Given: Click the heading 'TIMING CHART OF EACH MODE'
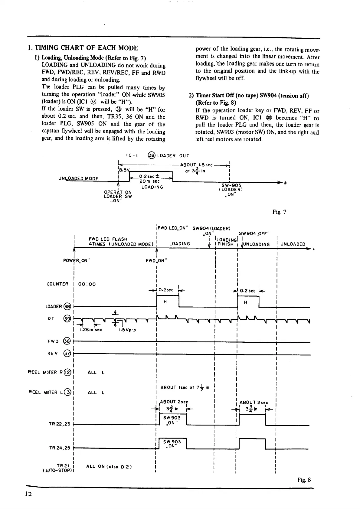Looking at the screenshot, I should (86, 48).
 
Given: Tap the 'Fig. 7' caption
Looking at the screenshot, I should (279, 212).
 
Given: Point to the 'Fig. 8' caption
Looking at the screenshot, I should (304, 480).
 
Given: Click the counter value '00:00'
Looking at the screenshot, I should (87, 284).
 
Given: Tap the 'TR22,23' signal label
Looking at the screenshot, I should (59, 424).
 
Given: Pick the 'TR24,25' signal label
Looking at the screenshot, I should (59, 448).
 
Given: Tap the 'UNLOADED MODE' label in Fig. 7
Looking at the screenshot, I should (78, 178).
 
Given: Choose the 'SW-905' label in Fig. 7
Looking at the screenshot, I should (231, 185).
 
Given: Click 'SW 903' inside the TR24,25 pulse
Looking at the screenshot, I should (172, 442).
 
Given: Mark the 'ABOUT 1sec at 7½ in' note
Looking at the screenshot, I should (184, 388).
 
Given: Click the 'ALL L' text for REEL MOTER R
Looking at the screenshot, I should (96, 373).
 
